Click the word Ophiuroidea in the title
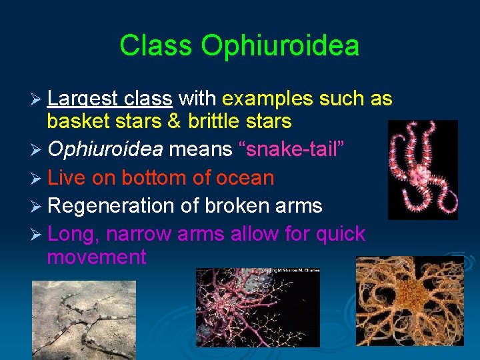click(x=280, y=46)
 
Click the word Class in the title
click(x=157, y=46)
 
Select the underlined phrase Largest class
click(x=110, y=99)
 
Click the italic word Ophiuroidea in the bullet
click(x=105, y=150)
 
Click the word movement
click(x=97, y=257)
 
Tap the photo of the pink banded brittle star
click(x=422, y=169)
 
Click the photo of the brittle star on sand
click(x=83, y=318)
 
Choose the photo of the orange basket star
click(x=409, y=301)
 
